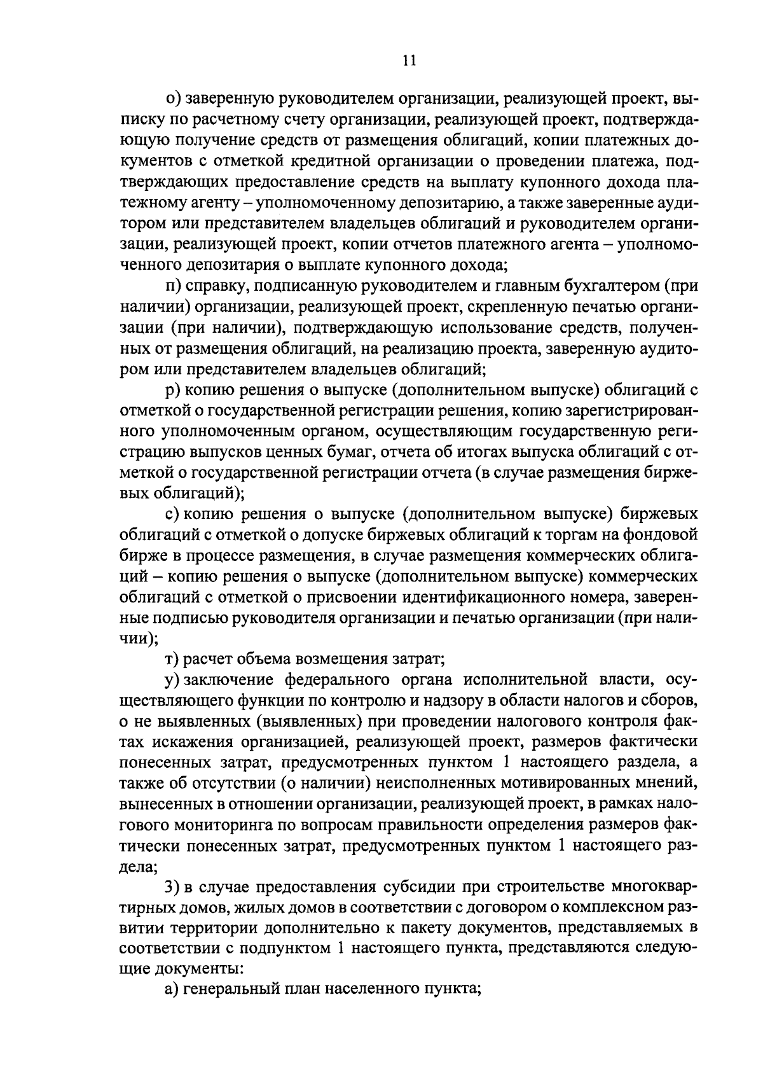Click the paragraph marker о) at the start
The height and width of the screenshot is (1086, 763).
point(173,97)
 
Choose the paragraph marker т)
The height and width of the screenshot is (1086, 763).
point(172,658)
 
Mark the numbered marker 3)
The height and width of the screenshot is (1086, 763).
point(172,887)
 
